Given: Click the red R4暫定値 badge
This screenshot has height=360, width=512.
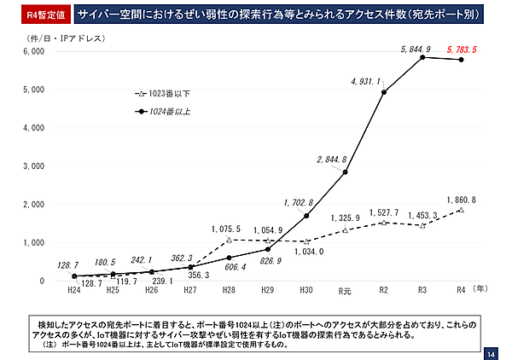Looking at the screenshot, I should click(x=36, y=15).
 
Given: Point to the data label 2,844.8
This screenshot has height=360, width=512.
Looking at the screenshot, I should click(x=331, y=160).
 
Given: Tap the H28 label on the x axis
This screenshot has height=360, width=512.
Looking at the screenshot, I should click(x=229, y=291).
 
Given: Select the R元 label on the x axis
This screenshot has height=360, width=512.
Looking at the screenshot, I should click(x=345, y=291).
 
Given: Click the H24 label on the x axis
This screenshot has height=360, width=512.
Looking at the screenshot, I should click(x=74, y=291).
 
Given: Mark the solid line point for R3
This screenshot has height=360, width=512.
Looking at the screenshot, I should click(x=422, y=56).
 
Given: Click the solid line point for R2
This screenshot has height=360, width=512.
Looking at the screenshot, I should click(x=384, y=92).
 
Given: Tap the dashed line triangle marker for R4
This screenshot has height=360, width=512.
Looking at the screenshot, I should click(x=462, y=209).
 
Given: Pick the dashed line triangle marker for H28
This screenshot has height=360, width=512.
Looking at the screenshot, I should click(x=229, y=240).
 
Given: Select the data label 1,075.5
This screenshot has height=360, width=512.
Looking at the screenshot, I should click(x=227, y=229).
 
